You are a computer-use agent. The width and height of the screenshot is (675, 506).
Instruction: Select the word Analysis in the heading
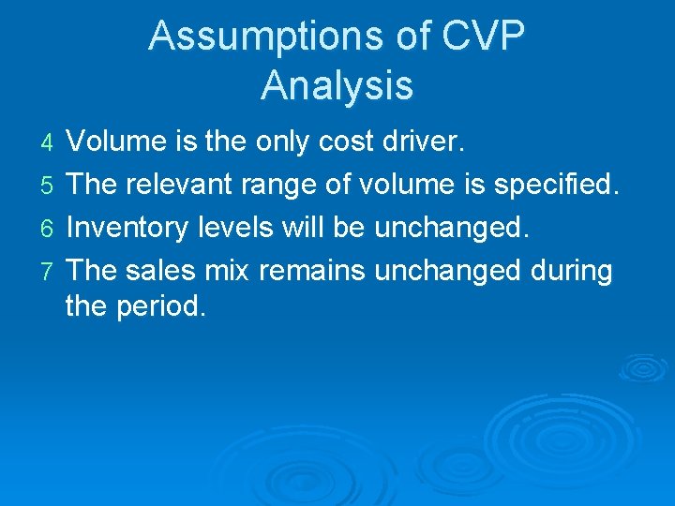tap(337, 85)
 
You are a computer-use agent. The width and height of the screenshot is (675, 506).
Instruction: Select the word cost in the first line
tap(343, 142)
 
